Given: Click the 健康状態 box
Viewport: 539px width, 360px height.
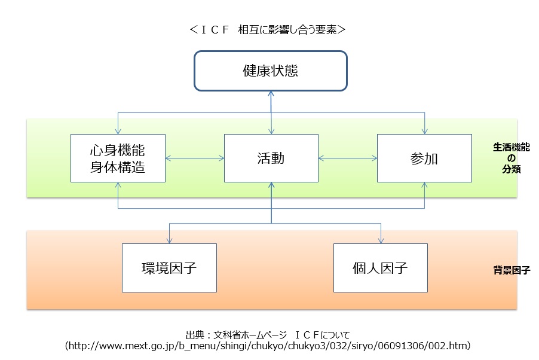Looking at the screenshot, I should coord(270,71).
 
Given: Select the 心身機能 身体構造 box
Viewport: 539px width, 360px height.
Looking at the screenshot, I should coord(118,158).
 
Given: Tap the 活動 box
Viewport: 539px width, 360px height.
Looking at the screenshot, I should coord(271,158).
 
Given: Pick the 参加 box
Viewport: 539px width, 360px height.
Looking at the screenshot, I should coord(424,158).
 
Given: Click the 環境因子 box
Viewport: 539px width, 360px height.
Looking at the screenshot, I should coord(169,267).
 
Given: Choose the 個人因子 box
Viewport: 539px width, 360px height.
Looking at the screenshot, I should coord(380,267).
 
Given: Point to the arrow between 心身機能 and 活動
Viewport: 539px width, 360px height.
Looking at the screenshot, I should coord(194,158).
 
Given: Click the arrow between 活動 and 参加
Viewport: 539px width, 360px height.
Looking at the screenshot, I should coord(348,158).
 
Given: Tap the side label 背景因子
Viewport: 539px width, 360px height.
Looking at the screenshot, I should coord(508,270).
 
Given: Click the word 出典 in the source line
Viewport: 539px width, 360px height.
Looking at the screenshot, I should coord(195,334).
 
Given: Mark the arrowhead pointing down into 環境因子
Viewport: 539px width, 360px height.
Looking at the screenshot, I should coord(169,240).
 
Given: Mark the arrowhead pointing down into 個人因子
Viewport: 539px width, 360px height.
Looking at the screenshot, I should coord(380,240).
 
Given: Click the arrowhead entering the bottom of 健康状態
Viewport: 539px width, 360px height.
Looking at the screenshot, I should coord(271,94).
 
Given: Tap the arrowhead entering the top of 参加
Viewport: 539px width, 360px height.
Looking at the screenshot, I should coord(425,131).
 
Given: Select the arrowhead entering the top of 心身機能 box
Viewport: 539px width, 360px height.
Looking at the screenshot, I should coord(118,131).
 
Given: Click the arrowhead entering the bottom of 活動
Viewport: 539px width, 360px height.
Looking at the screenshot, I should coord(271,185).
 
